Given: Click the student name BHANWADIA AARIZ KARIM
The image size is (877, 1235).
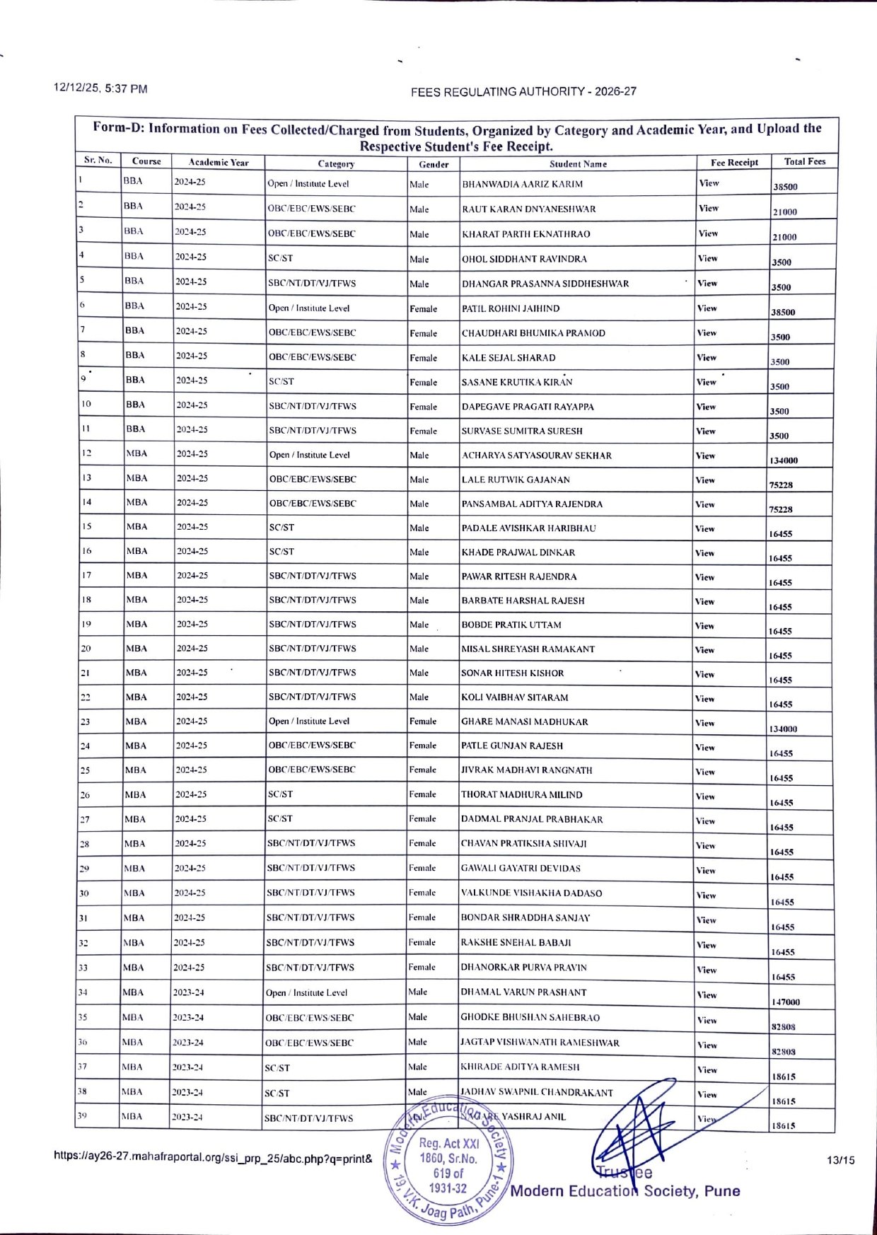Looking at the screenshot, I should click(x=522, y=184).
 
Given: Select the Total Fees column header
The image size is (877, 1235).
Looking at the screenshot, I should click(x=804, y=161).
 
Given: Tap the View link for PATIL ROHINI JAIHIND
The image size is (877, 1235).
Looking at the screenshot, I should click(x=707, y=308).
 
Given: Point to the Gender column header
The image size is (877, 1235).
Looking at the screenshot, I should click(x=434, y=164).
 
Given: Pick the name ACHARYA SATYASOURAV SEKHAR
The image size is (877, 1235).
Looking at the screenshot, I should click(x=536, y=456).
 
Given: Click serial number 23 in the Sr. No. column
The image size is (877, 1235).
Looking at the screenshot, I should click(x=85, y=721).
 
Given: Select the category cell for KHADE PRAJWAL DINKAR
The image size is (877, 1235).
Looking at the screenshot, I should click(x=281, y=552).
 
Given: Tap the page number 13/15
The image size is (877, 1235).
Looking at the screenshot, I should click(x=840, y=1159).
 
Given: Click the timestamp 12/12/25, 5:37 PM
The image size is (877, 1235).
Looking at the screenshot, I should click(x=100, y=88).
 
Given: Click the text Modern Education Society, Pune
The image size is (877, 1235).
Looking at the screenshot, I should click(x=625, y=1190).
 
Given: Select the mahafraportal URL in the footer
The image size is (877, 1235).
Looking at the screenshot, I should click(x=213, y=1158).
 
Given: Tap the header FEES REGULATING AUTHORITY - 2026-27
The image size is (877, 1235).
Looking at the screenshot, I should click(x=523, y=91).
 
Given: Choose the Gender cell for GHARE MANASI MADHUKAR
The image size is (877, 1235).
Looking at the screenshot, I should click(x=422, y=721).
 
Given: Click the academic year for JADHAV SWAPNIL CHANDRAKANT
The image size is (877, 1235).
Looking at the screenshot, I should click(x=187, y=1092).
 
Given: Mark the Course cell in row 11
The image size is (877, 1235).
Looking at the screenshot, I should click(x=136, y=429).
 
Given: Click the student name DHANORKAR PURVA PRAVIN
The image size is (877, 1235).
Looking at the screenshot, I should click(x=523, y=967).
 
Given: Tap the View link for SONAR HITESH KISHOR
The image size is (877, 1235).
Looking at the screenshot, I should click(x=704, y=674).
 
